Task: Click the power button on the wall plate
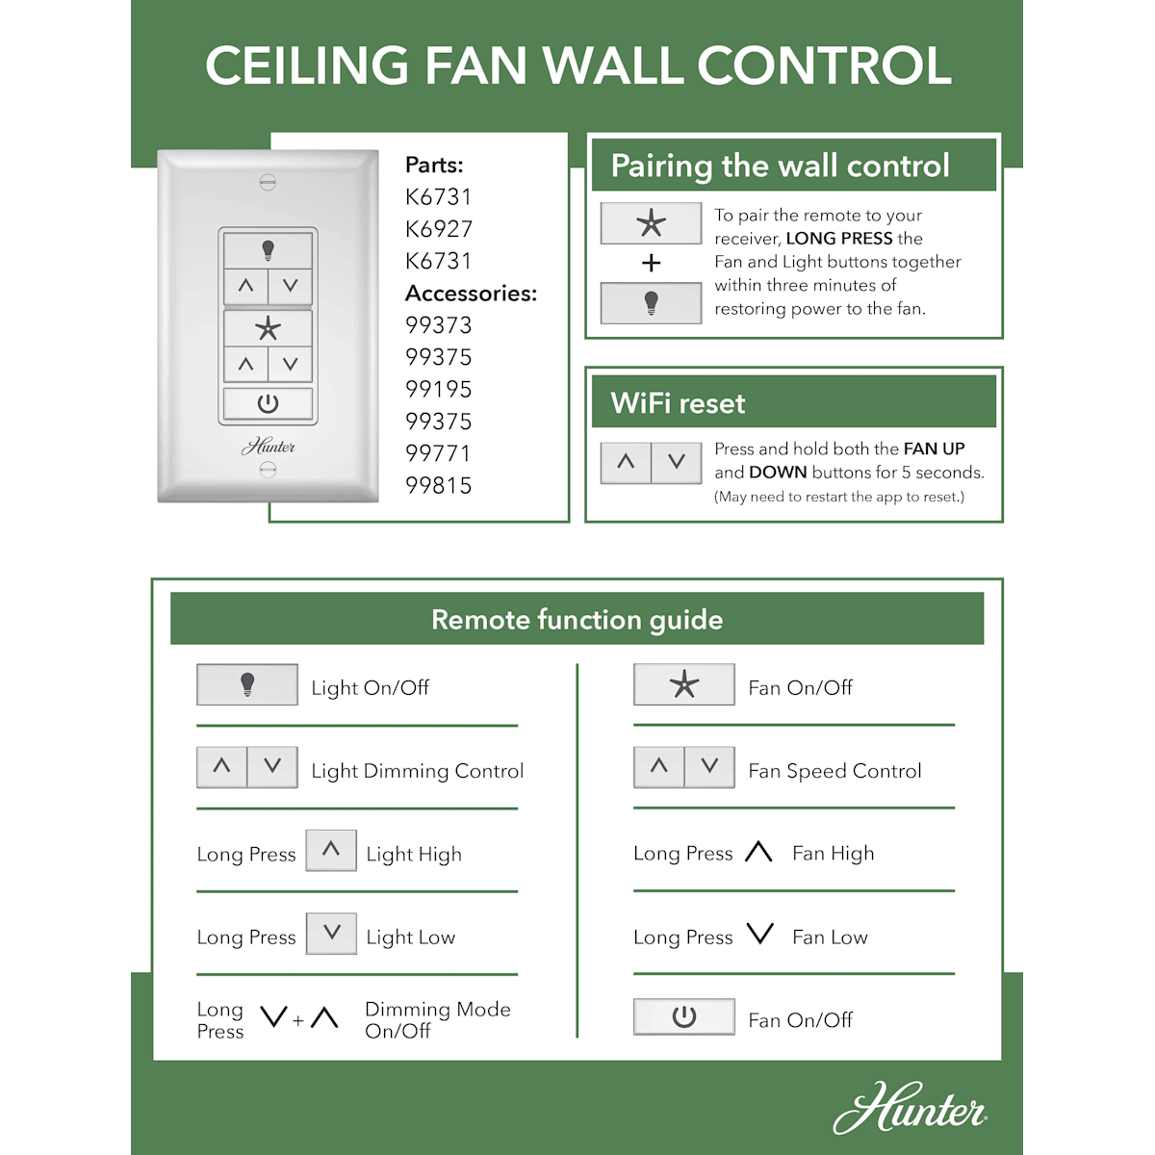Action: [268, 403]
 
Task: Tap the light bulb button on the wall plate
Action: [268, 250]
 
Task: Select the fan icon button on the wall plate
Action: [268, 328]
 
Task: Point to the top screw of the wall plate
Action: [268, 182]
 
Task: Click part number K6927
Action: [439, 229]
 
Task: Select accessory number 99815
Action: [439, 485]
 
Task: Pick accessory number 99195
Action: [439, 390]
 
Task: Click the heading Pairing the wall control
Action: [781, 166]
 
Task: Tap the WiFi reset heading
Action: [678, 402]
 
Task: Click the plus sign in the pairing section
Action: [651, 263]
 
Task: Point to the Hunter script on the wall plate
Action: [268, 446]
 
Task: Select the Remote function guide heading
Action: [577, 620]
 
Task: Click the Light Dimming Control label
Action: [417, 771]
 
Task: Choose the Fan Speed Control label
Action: [834, 771]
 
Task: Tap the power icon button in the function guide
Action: [684, 1016]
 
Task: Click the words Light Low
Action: [411, 937]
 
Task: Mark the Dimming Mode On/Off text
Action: [438, 1019]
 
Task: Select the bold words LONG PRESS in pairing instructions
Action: [839, 239]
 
